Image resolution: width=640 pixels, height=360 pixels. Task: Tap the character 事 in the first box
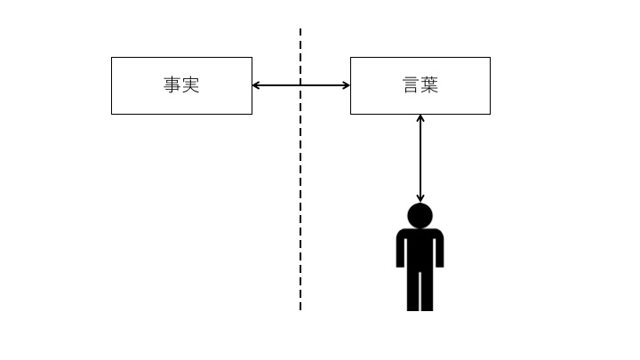tap(172, 85)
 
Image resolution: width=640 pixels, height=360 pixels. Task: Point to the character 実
tap(190, 85)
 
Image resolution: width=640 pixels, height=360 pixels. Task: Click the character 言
tap(412, 85)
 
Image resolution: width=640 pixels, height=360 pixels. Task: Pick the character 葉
tap(429, 85)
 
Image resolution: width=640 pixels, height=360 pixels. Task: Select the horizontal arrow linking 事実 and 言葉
tap(276, 85)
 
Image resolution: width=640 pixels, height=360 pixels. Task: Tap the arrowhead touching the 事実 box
tap(257, 85)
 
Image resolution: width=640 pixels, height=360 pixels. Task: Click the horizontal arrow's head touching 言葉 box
tap(345, 85)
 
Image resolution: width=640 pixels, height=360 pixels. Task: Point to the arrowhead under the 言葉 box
tap(420, 119)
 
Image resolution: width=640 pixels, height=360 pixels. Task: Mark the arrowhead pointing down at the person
tap(420, 197)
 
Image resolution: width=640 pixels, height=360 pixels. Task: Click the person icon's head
tap(420, 216)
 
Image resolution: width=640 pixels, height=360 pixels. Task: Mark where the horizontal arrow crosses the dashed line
tap(300, 85)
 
